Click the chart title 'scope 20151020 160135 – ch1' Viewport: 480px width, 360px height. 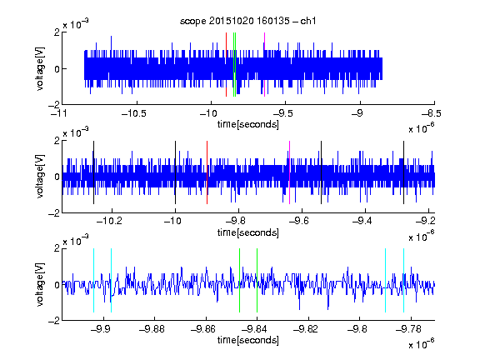point(248,21)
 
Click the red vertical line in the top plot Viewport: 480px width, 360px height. point(226,65)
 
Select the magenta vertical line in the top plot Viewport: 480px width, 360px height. point(264,65)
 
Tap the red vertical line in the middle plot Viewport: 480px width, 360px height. point(207,172)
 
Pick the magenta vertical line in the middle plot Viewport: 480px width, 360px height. point(290,172)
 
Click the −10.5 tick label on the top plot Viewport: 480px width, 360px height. point(134,113)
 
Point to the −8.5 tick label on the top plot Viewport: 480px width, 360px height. point(432,113)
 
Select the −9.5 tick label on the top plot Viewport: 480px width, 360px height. point(282,113)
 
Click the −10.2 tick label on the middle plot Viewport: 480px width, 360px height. point(109,220)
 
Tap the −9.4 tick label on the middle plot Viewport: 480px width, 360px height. point(362,220)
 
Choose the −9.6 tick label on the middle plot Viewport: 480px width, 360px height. point(299,220)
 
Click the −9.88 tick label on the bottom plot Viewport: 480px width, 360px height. point(152,329)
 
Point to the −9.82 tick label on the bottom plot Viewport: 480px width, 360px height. point(306,329)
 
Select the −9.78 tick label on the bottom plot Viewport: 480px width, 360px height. point(408,329)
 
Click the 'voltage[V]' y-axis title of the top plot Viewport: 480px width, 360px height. point(40,68)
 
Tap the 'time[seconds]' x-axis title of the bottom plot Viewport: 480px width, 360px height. point(248,340)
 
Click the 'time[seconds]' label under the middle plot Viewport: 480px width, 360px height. point(248,232)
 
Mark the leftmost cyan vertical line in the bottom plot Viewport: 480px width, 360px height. point(93,280)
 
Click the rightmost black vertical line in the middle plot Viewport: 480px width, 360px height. point(403,172)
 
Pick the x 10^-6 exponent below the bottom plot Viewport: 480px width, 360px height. point(422,344)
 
